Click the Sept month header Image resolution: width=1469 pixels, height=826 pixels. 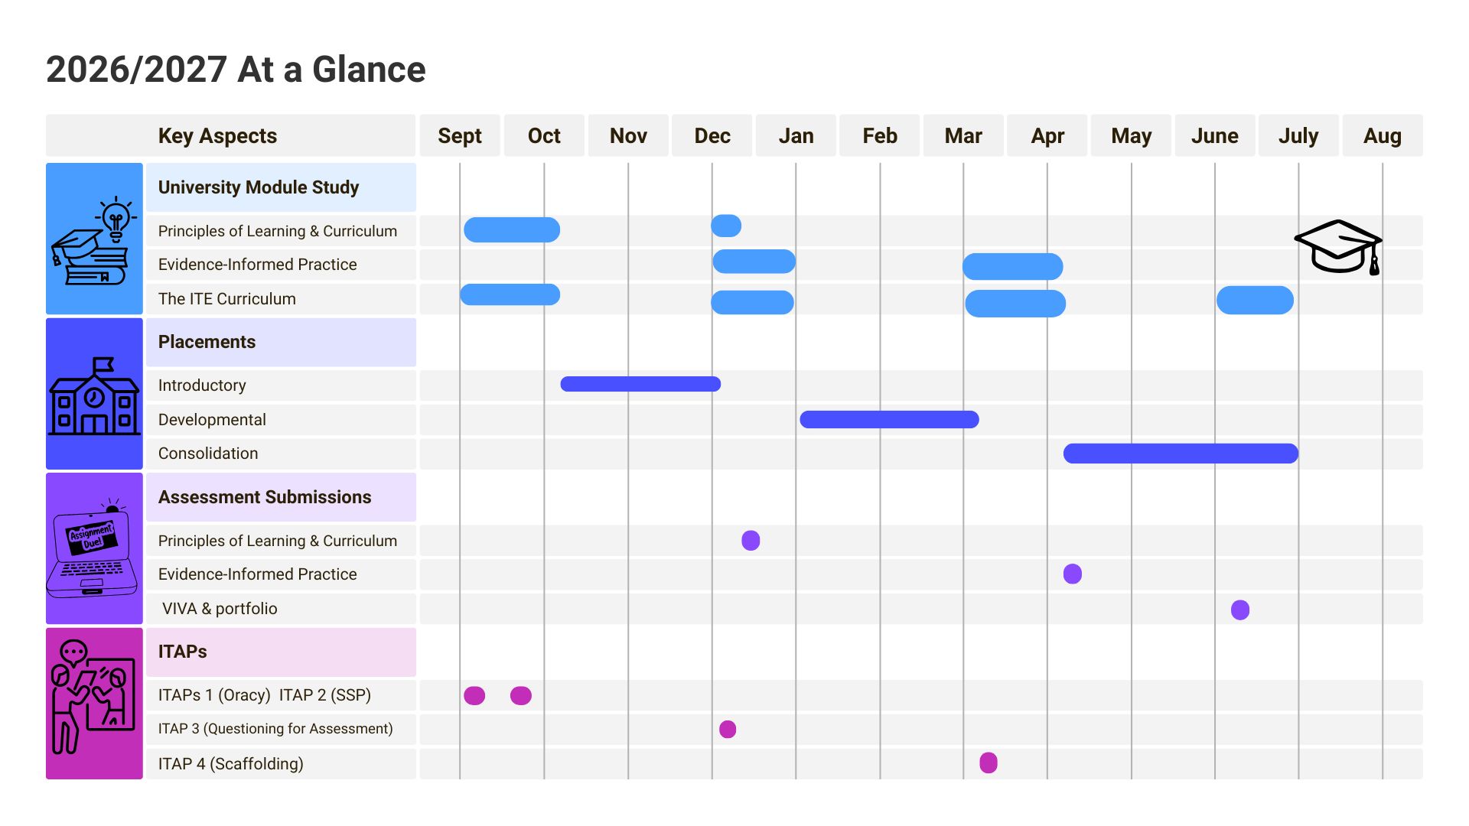click(460, 136)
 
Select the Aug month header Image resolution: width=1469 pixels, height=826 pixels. click(1383, 136)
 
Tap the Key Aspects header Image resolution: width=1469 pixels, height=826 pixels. click(217, 136)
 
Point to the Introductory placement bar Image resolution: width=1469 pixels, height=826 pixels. click(640, 384)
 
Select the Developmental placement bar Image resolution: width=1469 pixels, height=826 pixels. click(889, 419)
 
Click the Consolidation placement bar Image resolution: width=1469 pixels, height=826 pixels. click(1181, 454)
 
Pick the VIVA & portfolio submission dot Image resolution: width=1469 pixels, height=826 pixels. click(1240, 610)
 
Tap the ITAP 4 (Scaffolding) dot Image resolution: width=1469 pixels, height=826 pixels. click(989, 763)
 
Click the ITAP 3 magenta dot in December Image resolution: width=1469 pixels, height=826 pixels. click(728, 729)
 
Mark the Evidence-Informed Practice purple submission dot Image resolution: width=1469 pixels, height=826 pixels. click(1073, 574)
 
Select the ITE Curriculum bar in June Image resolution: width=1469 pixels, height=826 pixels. click(1255, 300)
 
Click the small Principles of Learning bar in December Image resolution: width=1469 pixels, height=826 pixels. click(726, 226)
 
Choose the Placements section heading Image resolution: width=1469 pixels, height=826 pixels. click(207, 342)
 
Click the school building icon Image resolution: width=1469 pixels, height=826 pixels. click(94, 396)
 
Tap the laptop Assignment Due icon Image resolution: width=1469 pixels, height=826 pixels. click(92, 548)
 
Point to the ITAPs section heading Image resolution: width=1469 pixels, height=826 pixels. click(182, 652)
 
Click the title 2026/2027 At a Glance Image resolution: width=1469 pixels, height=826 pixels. click(236, 70)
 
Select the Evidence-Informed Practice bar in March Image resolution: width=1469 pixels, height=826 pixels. click(1012, 266)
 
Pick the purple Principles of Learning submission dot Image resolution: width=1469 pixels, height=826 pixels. click(751, 541)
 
